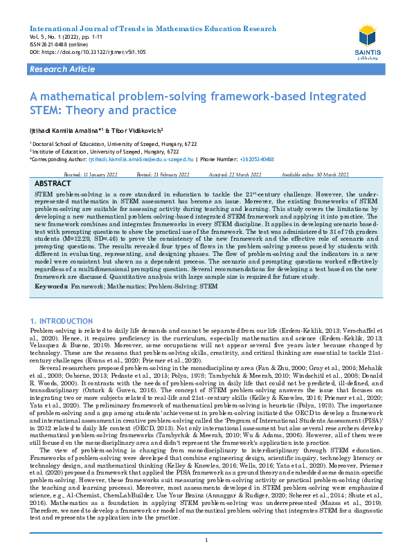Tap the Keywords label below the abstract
(x=51, y=286)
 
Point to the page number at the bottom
(x=206, y=540)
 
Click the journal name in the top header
(x=152, y=28)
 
